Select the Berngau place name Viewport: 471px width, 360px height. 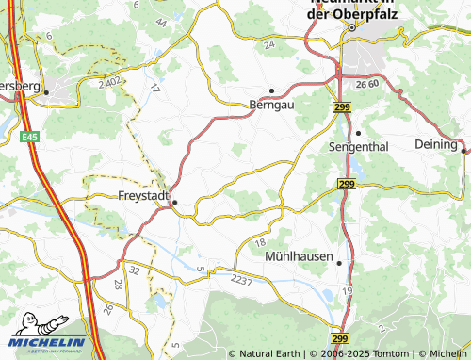271,105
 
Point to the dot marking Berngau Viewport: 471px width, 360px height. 271,90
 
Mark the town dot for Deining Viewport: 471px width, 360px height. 463,149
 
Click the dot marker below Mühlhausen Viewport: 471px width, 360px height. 339,264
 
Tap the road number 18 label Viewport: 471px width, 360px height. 260,244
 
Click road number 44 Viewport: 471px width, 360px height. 161,21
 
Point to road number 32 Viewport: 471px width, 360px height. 135,270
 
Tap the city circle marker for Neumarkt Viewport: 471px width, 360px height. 351,27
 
